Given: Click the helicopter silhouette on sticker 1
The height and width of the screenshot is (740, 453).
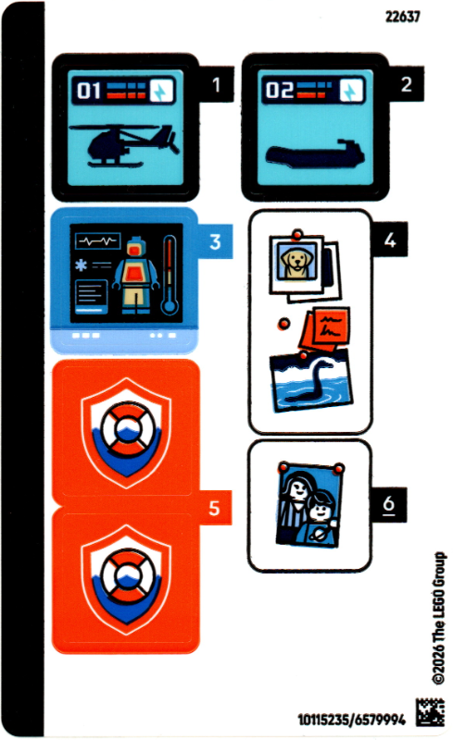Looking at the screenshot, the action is (x=125, y=145).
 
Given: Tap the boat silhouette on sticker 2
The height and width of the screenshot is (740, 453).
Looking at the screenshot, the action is (x=315, y=154).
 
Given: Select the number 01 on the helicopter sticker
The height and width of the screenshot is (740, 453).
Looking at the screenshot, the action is (x=89, y=90).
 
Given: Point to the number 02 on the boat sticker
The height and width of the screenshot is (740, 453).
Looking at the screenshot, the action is (x=279, y=90).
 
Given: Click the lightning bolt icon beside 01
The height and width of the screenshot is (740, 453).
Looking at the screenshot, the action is (x=162, y=91).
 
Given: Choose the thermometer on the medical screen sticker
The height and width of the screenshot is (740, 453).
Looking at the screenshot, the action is (x=170, y=275).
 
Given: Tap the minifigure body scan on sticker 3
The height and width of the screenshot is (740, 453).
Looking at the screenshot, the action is (x=135, y=275).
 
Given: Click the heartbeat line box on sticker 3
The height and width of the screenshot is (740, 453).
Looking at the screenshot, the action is (x=98, y=240).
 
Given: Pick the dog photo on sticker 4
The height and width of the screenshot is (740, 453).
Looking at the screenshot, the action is (x=297, y=262).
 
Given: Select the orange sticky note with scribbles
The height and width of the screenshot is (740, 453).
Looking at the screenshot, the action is (x=326, y=328).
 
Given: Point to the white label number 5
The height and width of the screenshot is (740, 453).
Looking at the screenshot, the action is (x=214, y=508).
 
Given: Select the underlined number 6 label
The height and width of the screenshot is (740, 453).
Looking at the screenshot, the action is (x=389, y=504).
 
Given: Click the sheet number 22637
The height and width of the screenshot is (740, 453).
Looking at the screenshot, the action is (x=402, y=17).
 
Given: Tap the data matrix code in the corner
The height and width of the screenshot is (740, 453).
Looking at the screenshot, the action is (x=430, y=712).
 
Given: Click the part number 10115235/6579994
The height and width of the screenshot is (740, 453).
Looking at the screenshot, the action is (x=351, y=720).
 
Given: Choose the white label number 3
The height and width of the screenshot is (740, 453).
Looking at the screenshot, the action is (x=215, y=241).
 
